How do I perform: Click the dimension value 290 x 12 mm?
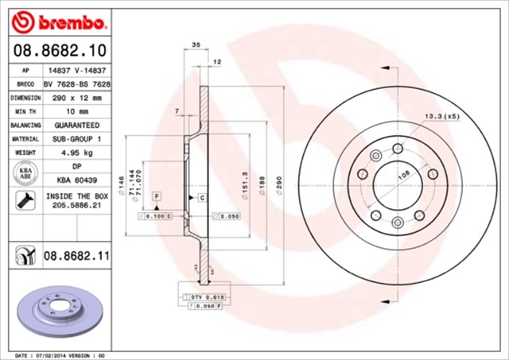click(x=77, y=97)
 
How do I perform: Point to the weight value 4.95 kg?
click(x=77, y=153)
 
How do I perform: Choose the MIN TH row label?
click(x=25, y=111)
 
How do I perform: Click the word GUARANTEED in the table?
click(x=77, y=126)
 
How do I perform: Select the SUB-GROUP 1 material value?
click(x=77, y=139)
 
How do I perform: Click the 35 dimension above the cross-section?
click(x=196, y=47)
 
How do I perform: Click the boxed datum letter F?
click(x=157, y=195)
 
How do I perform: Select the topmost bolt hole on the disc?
click(x=397, y=147)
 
